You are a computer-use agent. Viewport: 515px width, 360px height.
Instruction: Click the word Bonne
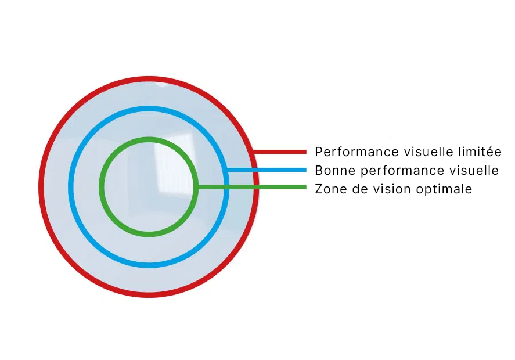332,171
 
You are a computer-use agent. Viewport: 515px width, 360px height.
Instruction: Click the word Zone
329,189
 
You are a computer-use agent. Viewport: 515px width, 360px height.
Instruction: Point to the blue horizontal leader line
267,170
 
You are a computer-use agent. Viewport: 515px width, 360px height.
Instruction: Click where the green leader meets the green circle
197,187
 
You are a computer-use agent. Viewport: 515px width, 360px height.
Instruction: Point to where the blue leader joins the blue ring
227,170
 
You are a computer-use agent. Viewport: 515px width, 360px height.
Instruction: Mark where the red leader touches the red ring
254,152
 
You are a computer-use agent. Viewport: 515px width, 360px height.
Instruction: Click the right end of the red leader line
305,152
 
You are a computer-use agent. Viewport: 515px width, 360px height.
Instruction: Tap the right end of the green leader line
305,187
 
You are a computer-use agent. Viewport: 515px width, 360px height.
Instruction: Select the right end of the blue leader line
305,170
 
